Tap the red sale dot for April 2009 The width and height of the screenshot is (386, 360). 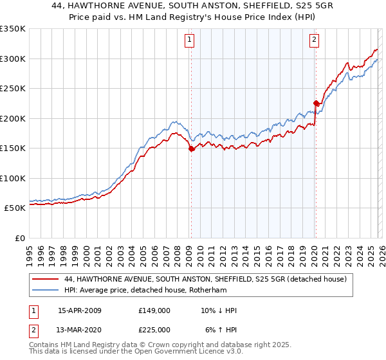point(191,149)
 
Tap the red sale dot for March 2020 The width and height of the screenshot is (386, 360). point(316,103)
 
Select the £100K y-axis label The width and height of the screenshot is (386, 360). point(13,179)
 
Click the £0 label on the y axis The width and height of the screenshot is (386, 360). point(19,239)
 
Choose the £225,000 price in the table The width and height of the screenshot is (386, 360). point(154,330)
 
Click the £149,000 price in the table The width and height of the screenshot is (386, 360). point(154,310)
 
